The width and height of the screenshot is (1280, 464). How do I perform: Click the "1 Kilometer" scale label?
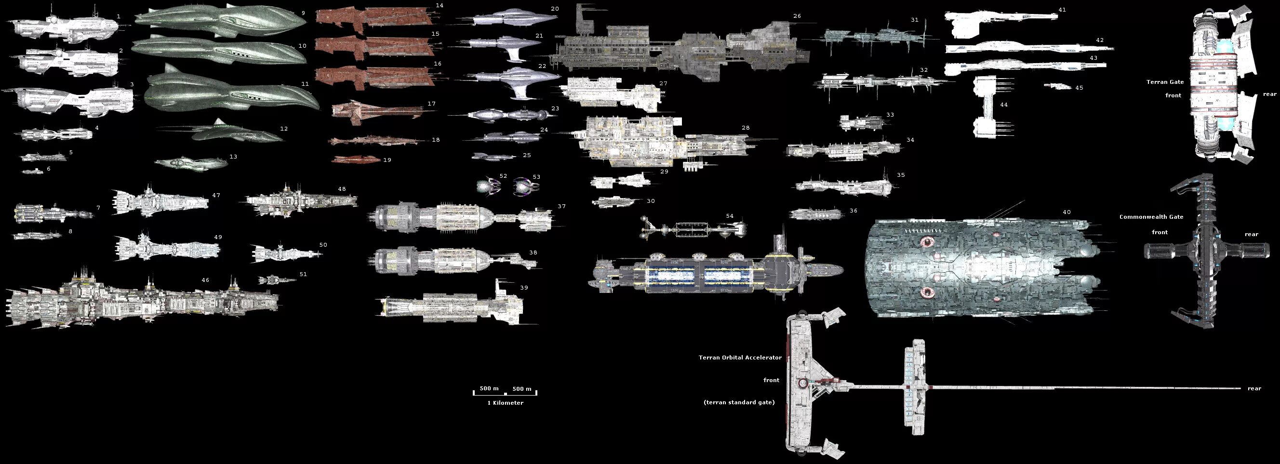click(x=505, y=403)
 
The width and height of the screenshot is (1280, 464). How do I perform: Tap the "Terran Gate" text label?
click(x=1165, y=82)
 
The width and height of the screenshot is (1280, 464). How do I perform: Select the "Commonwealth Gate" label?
click(x=1151, y=217)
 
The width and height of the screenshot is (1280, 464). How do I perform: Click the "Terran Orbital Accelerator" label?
click(x=740, y=358)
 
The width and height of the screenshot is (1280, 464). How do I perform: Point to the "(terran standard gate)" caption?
click(x=739, y=402)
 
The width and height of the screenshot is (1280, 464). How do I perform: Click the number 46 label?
click(x=205, y=280)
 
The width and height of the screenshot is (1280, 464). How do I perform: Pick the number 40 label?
click(x=1067, y=212)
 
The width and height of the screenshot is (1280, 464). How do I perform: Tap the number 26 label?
click(x=797, y=16)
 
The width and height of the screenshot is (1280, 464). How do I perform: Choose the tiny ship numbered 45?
click(x=1058, y=86)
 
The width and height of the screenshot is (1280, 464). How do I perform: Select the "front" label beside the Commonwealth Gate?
click(x=1160, y=233)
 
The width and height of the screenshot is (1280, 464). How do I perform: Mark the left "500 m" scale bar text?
click(x=489, y=388)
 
